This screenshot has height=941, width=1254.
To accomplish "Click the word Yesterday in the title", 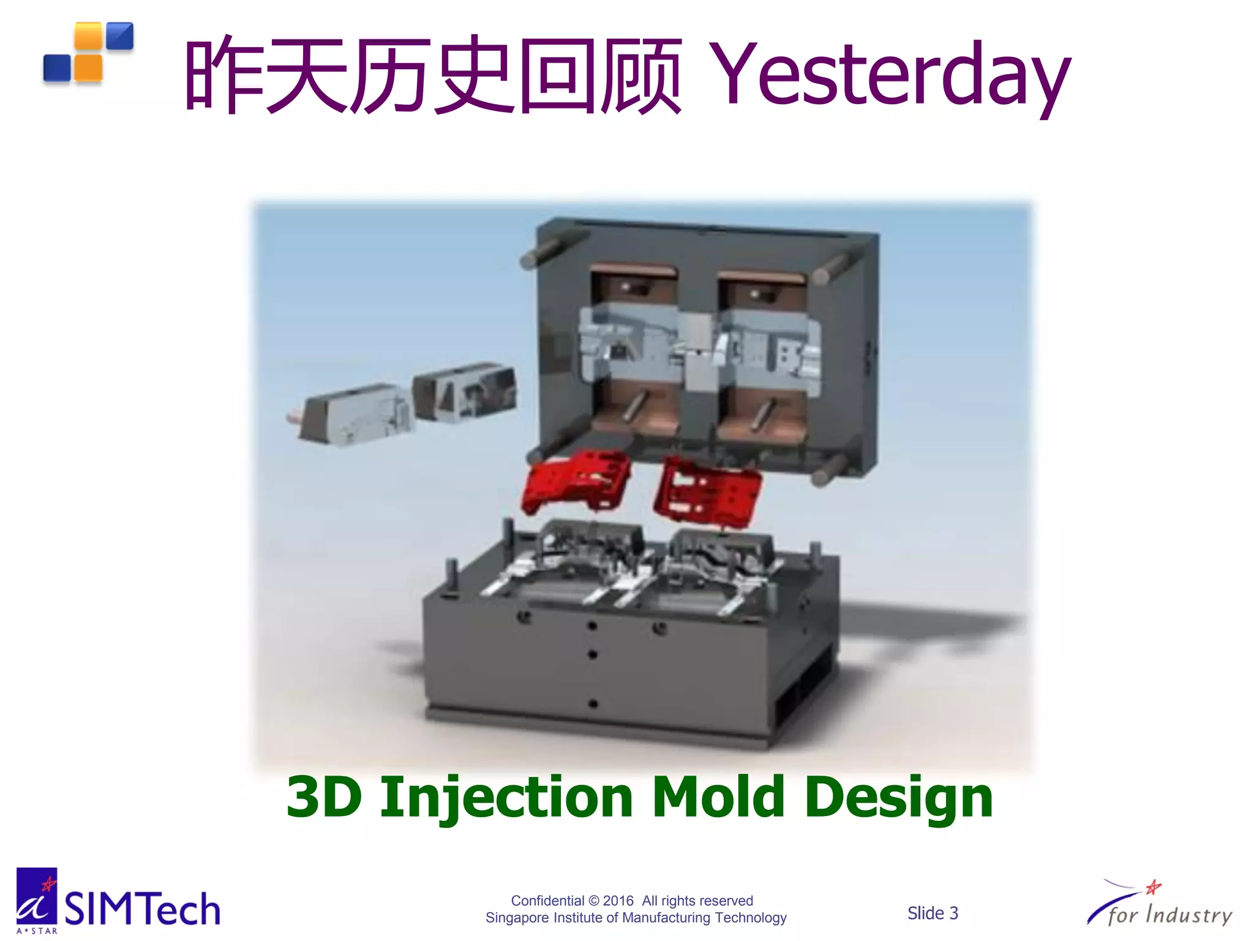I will (x=891, y=77).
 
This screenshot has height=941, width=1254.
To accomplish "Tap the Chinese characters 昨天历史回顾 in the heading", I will (x=432, y=77).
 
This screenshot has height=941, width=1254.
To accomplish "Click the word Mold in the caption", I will (x=718, y=797).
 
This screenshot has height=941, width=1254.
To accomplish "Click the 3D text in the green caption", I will (x=323, y=797).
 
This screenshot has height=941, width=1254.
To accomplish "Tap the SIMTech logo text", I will (x=142, y=910).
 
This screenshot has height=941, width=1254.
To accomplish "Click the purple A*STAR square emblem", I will (x=36, y=896).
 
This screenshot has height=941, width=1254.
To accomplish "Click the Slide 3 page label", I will (x=932, y=913).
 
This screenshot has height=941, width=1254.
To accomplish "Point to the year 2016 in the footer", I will (x=618, y=901).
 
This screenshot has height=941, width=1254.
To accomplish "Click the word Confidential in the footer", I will (x=547, y=901).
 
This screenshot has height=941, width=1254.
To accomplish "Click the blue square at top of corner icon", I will (x=119, y=36).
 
